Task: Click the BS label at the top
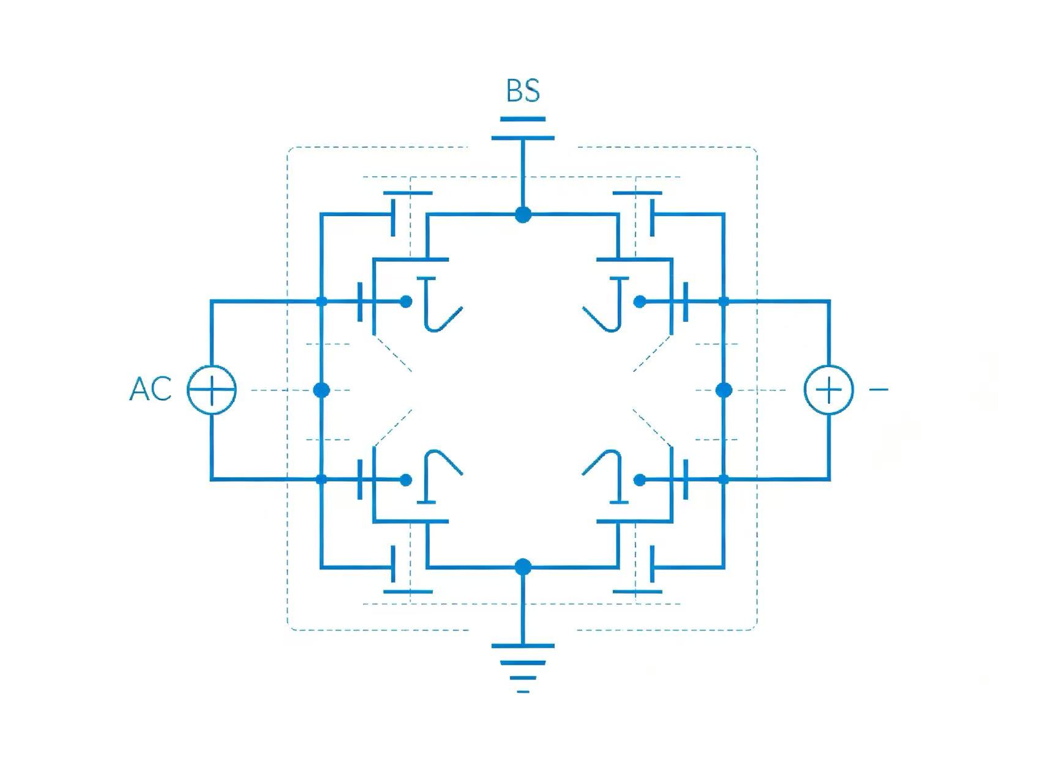[x=523, y=91]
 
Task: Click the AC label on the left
[x=151, y=389]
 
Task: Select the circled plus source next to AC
[x=211, y=390]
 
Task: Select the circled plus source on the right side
[x=829, y=390]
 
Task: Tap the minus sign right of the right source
[x=878, y=388]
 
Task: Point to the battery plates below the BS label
[x=523, y=128]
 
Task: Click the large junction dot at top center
[x=523, y=215]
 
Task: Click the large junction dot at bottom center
[x=523, y=567]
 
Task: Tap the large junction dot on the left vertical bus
[x=321, y=390]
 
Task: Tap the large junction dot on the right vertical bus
[x=724, y=390]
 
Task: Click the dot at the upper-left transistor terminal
[x=406, y=301]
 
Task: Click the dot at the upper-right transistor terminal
[x=640, y=301]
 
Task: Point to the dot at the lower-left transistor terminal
[x=406, y=480]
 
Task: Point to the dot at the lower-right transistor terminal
[x=640, y=480]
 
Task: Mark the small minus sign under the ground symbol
[x=523, y=692]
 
